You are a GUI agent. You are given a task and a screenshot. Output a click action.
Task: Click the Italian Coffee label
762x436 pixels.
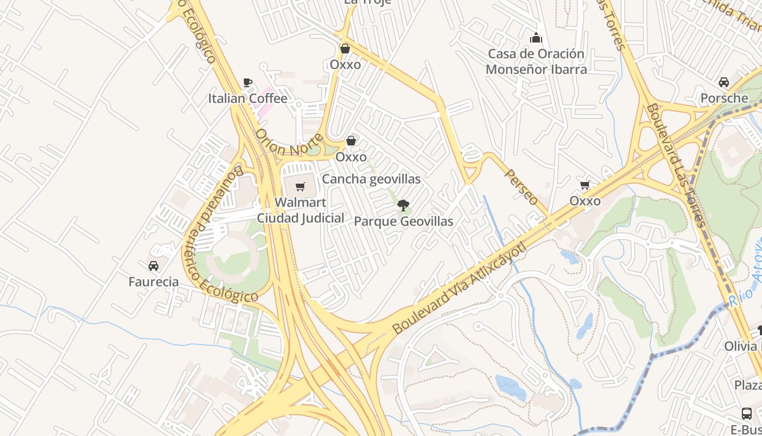pos(248,99)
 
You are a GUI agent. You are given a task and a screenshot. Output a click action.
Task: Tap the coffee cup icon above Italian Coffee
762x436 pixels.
pos(248,83)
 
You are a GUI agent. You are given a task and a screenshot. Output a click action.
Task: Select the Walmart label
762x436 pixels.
pos(300,202)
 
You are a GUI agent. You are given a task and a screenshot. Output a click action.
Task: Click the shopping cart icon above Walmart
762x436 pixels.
pos(300,187)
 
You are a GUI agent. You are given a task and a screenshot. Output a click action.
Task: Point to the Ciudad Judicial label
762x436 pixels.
pos(300,218)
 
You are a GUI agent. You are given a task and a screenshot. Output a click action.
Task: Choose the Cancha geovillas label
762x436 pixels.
pos(371,179)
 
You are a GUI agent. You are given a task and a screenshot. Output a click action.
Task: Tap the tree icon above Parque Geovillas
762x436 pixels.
pos(403,205)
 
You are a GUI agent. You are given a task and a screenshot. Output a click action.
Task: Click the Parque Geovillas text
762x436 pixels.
pos(403,222)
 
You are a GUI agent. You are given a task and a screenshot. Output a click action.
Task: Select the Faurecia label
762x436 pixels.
pos(153,282)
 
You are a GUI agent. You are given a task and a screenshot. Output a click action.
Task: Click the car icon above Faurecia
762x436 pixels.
pos(153,266)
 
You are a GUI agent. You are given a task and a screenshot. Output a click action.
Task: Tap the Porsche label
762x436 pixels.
pos(724,99)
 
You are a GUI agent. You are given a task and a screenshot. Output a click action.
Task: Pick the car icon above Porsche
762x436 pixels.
pos(724,82)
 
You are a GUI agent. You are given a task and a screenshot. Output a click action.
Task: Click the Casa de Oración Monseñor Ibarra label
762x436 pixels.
pos(536,62)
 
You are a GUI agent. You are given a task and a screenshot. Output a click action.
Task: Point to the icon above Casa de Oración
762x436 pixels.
pos(536,38)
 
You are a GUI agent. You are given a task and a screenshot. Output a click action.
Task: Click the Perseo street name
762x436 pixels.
pos(521,187)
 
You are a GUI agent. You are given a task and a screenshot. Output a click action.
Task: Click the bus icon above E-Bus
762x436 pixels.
pos(747,414)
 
